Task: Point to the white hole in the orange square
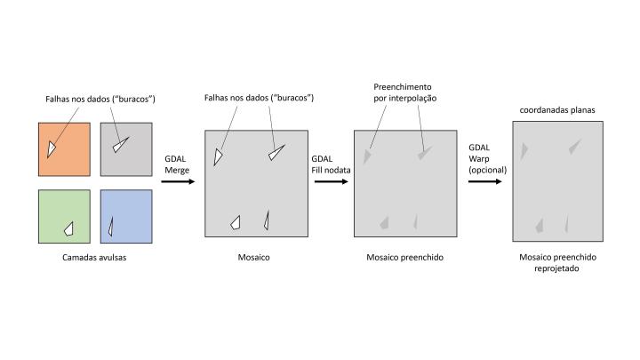coord(53,148)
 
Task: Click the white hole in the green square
coord(68,228)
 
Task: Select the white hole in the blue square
coord(110,228)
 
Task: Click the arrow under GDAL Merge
coord(176,181)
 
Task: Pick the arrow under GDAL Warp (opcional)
coord(485,181)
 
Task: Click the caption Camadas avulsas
coord(94,258)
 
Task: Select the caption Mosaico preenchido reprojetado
coord(559,262)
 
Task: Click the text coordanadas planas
coord(556,110)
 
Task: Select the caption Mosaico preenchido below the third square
coord(404,258)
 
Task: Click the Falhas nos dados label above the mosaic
coord(259,97)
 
